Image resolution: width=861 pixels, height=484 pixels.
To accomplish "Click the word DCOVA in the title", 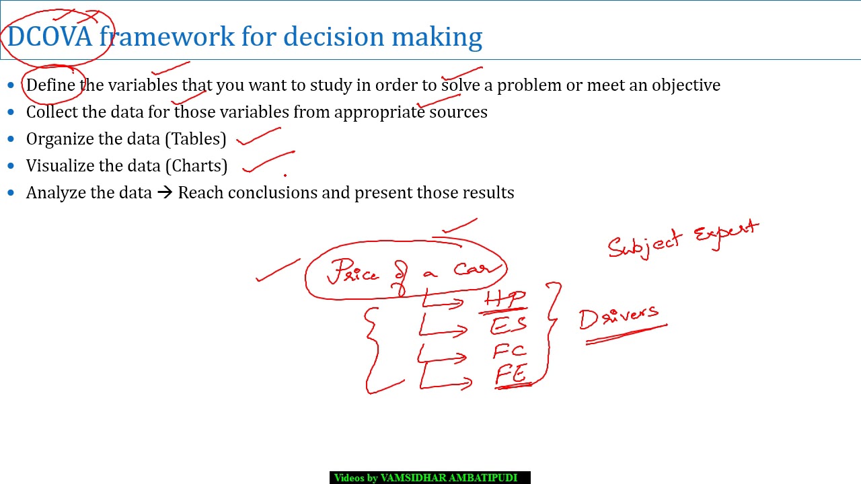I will (x=49, y=36).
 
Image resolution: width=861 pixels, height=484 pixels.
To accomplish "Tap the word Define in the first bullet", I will (x=51, y=85).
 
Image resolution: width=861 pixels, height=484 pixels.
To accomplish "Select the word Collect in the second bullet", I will (x=52, y=112).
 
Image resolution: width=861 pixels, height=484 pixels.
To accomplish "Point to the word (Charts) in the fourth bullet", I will (x=198, y=166).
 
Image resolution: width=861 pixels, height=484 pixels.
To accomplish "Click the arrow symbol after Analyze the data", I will (x=165, y=193).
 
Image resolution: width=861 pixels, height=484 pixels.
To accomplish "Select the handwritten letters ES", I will (x=508, y=326).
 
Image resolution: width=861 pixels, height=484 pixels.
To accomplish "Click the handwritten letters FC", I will (x=509, y=351).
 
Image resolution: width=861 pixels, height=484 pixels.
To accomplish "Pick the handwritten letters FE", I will (x=511, y=374).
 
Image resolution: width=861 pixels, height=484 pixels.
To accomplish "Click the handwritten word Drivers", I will (x=619, y=317).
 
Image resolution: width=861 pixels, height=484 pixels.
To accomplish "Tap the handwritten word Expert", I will (x=726, y=234).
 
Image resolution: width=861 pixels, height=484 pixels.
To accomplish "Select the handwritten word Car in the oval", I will (x=478, y=269).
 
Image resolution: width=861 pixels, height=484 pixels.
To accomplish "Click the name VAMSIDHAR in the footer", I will (x=413, y=478).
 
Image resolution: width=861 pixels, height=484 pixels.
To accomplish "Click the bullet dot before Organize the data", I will (x=11, y=139).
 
